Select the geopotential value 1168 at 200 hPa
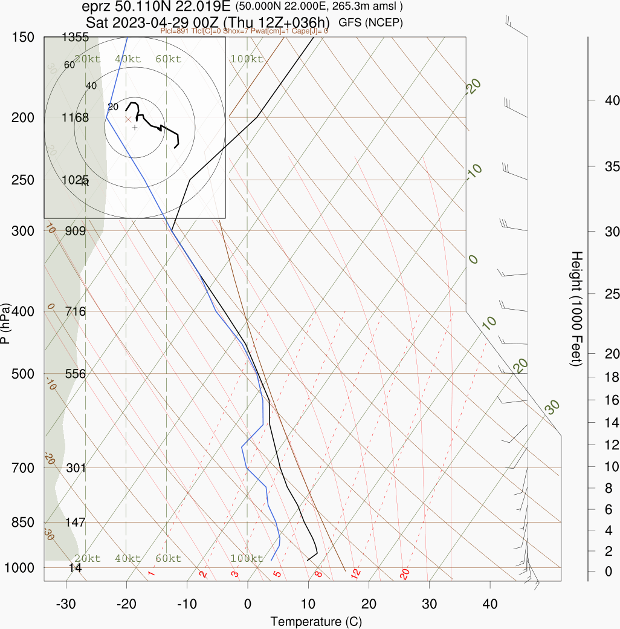[x=76, y=117]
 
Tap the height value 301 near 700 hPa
[x=76, y=468]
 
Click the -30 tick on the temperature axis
[x=66, y=604]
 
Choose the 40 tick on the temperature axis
[x=490, y=604]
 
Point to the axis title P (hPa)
[x=6, y=323]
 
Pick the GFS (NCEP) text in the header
[x=371, y=22]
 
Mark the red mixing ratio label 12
[x=356, y=572]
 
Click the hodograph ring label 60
[x=69, y=65]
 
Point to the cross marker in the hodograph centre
[x=135, y=128]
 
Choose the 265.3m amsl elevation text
[x=369, y=7]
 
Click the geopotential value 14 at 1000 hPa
[x=76, y=567]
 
